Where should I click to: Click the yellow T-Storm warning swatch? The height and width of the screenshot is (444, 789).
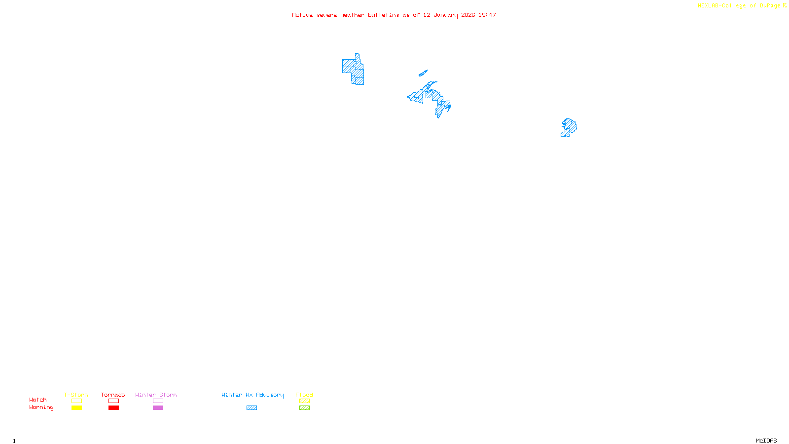pyautogui.click(x=76, y=408)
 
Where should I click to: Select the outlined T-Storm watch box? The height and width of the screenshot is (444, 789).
pyautogui.click(x=76, y=401)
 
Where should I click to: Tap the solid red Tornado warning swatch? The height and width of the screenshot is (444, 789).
pyautogui.click(x=113, y=408)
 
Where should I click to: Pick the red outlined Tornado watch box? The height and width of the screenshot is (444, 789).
pyautogui.click(x=113, y=401)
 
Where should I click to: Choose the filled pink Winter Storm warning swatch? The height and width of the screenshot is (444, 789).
pyautogui.click(x=158, y=408)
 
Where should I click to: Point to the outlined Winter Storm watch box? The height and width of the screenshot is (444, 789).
pyautogui.click(x=158, y=401)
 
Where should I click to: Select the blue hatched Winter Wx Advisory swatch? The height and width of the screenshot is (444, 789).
pyautogui.click(x=251, y=408)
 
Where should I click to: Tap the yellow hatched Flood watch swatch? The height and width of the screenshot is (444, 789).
pyautogui.click(x=304, y=401)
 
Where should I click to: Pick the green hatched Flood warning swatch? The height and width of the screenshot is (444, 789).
pyautogui.click(x=304, y=408)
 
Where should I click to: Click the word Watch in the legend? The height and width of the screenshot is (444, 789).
pyautogui.click(x=38, y=400)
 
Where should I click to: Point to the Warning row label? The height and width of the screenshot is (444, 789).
pyautogui.click(x=41, y=407)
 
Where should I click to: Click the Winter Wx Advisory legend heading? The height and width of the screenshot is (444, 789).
pyautogui.click(x=252, y=395)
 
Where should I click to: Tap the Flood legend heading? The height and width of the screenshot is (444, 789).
pyautogui.click(x=304, y=395)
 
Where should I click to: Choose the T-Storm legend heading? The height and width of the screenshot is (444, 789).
pyautogui.click(x=76, y=395)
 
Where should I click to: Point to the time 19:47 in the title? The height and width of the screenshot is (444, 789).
pyautogui.click(x=487, y=15)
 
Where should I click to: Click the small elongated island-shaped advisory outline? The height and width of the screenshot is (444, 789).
pyautogui.click(x=423, y=74)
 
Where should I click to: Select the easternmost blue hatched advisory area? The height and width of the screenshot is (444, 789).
pyautogui.click(x=569, y=127)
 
